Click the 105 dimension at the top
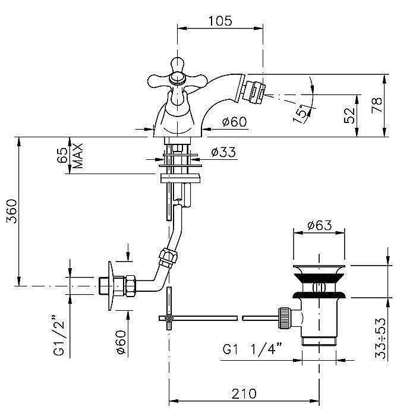click(220, 21)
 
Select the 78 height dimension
click(377, 105)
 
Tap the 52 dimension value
click(349, 115)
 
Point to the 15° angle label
click(301, 114)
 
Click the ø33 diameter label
click(223, 152)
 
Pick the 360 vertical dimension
click(12, 212)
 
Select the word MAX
click(78, 156)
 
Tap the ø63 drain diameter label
click(320, 225)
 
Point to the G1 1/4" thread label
click(252, 349)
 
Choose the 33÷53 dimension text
click(380, 338)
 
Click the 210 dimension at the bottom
click(244, 393)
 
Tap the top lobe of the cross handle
click(178, 64)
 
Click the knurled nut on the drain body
click(283, 318)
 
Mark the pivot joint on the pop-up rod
click(168, 318)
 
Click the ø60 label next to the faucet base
click(235, 122)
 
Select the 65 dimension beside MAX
click(62, 155)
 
